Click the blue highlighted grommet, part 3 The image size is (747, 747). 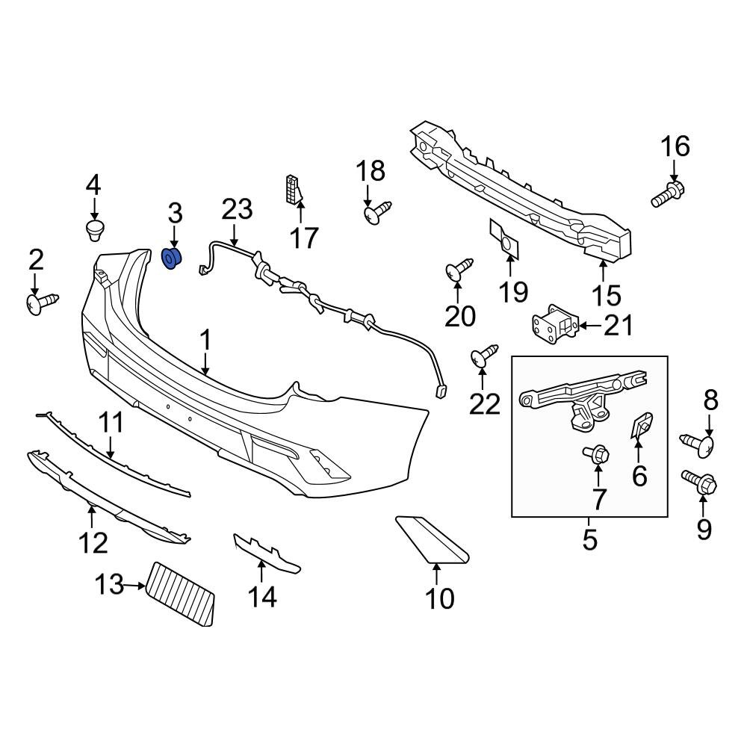point(172,258)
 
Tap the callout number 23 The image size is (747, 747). point(237,210)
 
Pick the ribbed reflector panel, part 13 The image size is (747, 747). point(180,594)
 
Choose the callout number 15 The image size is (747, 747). point(607,295)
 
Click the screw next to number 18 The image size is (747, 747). point(376,213)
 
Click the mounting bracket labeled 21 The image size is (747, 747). point(555,325)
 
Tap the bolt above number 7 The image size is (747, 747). point(597,453)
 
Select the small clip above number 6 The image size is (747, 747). point(641,425)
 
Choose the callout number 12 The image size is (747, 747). point(93,542)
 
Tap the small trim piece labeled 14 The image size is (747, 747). point(266,554)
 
